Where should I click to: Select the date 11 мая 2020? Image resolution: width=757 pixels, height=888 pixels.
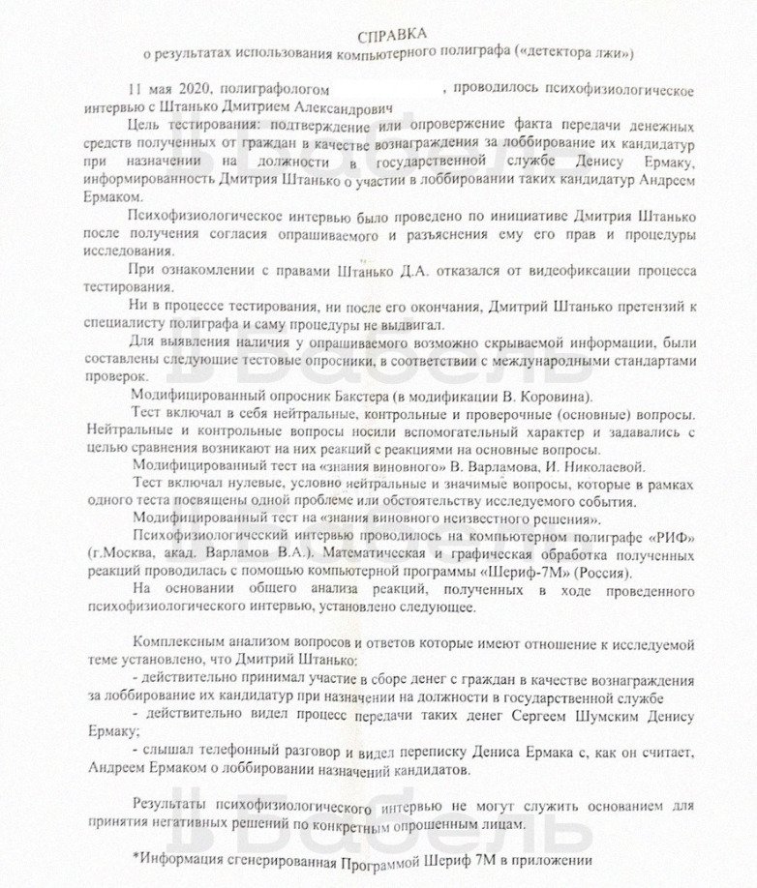170,88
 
